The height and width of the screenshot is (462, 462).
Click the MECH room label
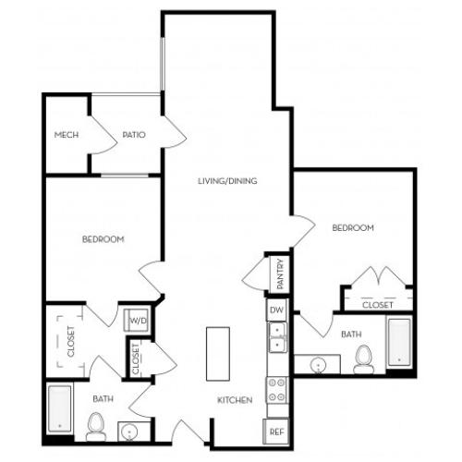click(x=66, y=135)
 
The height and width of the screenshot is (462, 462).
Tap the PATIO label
click(x=133, y=135)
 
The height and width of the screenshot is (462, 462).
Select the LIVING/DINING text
click(x=226, y=180)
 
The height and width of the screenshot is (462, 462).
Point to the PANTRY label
click(x=277, y=274)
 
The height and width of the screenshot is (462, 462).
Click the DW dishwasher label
click(x=275, y=310)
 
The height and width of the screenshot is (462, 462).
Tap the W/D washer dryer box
click(x=138, y=321)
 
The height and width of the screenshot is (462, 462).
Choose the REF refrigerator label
click(x=275, y=431)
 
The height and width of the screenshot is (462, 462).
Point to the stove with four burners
click(x=275, y=391)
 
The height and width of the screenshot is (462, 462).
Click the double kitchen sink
click(x=275, y=338)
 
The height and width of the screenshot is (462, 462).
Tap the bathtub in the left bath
click(x=61, y=407)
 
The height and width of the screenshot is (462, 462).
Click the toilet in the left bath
click(x=95, y=426)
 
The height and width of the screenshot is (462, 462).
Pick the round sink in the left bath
click(x=129, y=430)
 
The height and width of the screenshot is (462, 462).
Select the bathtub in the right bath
click(x=398, y=341)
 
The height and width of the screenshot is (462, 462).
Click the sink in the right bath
click(x=320, y=363)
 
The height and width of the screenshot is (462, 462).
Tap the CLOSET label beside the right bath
click(x=377, y=304)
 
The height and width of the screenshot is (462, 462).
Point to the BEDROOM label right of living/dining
click(x=352, y=227)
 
